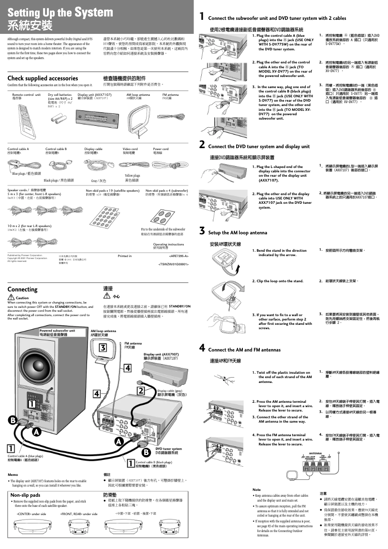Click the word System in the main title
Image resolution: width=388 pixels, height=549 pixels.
coord(99,11)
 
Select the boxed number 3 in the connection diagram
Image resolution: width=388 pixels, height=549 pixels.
coord(103,348)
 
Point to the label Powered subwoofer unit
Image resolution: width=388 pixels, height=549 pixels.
coord(57,331)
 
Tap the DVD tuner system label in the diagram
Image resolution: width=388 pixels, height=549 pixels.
coord(168,449)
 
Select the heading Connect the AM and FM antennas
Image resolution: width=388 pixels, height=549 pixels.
coord(244,350)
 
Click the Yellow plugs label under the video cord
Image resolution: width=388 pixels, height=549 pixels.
coord(132,176)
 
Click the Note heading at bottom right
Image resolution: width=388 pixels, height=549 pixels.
coord(256,489)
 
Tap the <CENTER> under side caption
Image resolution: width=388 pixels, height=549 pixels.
coord(31,513)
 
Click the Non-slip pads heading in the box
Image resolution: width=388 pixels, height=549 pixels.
coord(25,495)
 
